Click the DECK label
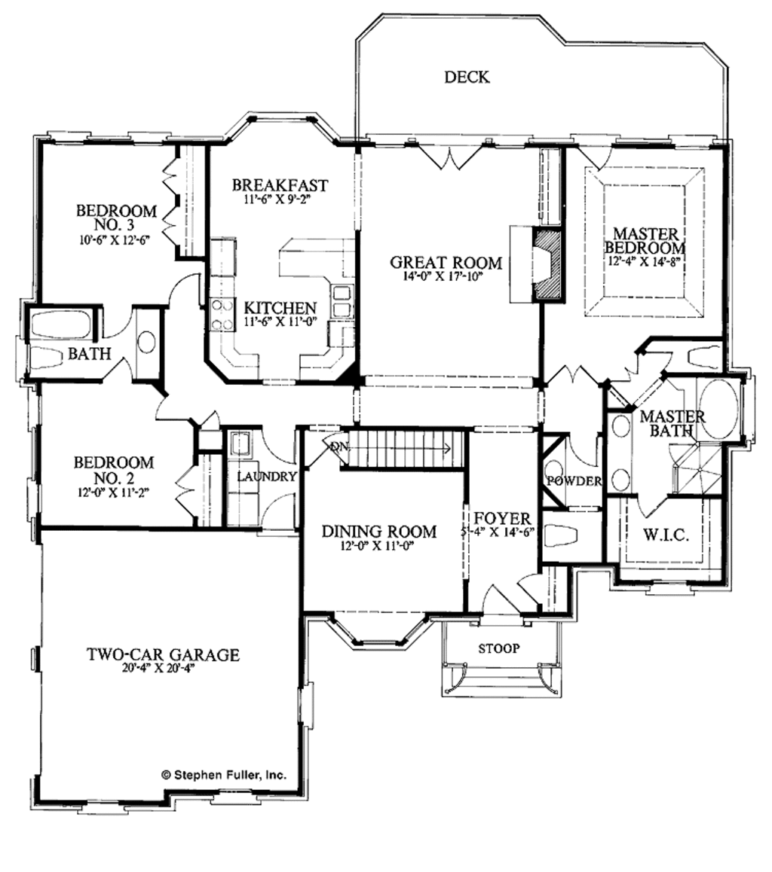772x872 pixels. point(467,77)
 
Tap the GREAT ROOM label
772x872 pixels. point(446,263)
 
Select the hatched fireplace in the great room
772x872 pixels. point(548,266)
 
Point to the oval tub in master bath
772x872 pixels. point(718,409)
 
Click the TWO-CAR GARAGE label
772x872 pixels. point(162,655)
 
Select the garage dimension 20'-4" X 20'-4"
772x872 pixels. point(162,669)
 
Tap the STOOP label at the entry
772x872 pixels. point(499,648)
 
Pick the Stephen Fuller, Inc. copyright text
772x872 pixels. point(223,773)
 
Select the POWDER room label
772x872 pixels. point(574,481)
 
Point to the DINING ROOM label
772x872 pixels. point(378,532)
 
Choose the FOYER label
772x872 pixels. point(502,519)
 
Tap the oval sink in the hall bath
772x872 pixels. point(146,342)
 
